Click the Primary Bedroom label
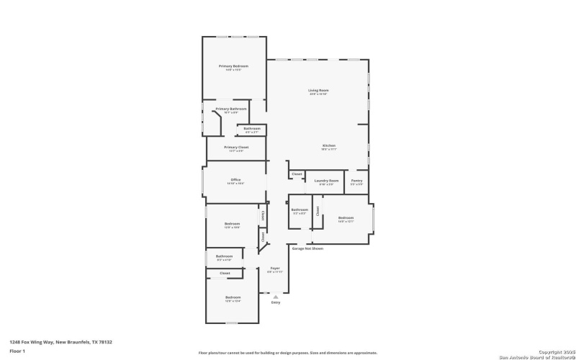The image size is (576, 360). click(233, 66)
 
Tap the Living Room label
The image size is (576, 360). click(318, 91)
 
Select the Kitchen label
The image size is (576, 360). click(328, 146)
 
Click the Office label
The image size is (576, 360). click(235, 180)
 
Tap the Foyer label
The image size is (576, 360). click(275, 268)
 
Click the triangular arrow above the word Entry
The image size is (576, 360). click(275, 296)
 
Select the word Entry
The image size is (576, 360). click(275, 302)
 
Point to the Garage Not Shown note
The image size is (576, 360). click(307, 248)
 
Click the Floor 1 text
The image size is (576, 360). click(17, 351)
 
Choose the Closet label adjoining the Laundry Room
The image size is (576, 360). click(297, 174)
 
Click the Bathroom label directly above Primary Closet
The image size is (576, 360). click(252, 129)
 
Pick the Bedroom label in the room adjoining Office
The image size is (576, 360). click(232, 224)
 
